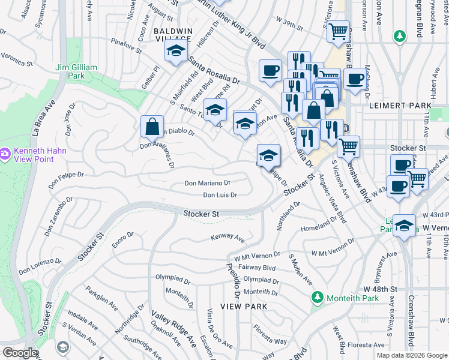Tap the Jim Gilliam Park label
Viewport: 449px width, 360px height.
click(x=76, y=71)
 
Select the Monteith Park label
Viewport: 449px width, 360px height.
click(x=353, y=298)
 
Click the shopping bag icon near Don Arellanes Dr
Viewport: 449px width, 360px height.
click(x=152, y=127)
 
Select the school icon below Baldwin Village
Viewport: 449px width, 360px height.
click(x=175, y=52)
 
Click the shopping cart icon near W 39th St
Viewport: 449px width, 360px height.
click(x=339, y=31)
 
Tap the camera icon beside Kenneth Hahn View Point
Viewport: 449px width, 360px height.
click(x=5, y=154)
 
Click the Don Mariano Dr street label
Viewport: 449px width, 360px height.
click(x=207, y=182)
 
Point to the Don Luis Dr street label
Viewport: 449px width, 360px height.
click(x=220, y=195)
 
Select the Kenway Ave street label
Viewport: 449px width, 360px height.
click(x=228, y=238)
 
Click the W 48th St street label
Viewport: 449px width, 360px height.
click(x=381, y=289)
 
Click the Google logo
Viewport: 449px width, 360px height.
click(x=20, y=353)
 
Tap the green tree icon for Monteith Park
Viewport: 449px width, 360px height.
click(x=316, y=298)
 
